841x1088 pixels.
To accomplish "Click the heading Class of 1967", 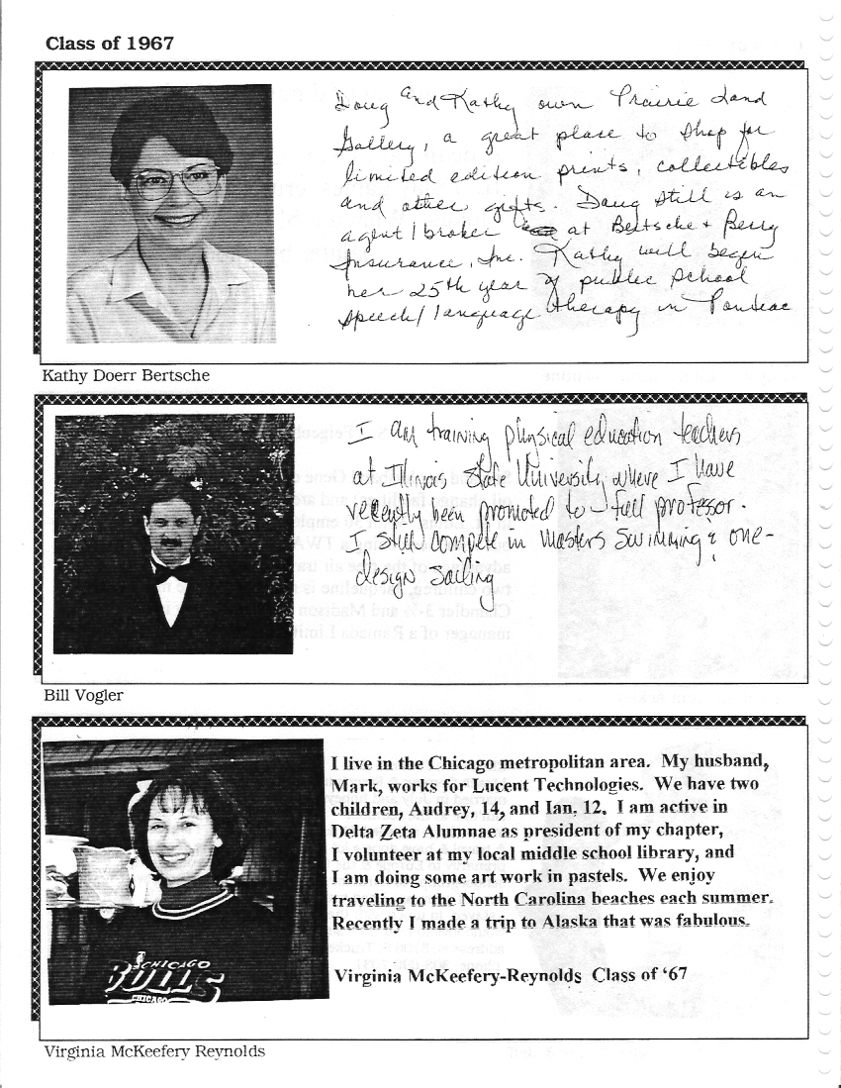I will click(109, 43).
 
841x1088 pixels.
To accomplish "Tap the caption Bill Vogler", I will click(83, 695).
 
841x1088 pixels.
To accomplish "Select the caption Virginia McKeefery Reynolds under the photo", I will click(153, 1051).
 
